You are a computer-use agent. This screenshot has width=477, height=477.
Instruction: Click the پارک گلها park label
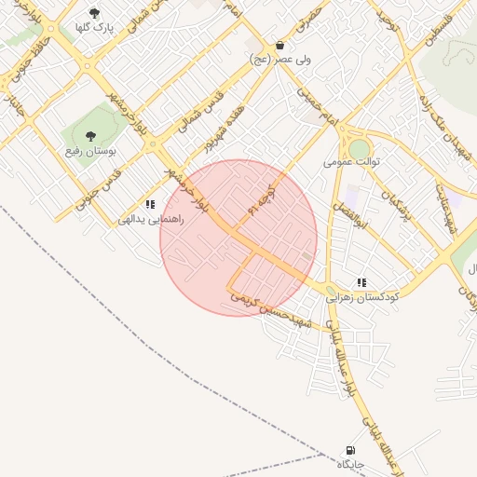coord(95,28)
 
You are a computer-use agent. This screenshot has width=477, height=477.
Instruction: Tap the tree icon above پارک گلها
coord(94,13)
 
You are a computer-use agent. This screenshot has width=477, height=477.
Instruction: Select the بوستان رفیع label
coord(90,150)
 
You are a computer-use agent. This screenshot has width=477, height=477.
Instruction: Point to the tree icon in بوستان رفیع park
coord(90,136)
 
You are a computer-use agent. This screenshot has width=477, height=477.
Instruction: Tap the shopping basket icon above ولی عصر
coord(279,45)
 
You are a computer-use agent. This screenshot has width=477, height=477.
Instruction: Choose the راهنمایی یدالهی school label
coord(150,220)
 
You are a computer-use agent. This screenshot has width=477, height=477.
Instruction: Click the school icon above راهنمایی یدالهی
coord(150,204)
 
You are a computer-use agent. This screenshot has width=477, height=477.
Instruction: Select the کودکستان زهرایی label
coord(361,297)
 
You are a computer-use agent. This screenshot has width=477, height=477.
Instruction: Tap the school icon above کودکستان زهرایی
coord(361,282)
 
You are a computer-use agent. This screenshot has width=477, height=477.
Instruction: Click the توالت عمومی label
coord(346,161)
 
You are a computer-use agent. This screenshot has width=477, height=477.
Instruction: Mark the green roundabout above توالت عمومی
coord(359,148)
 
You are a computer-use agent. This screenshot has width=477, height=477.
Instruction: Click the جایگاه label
coord(350,463)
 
